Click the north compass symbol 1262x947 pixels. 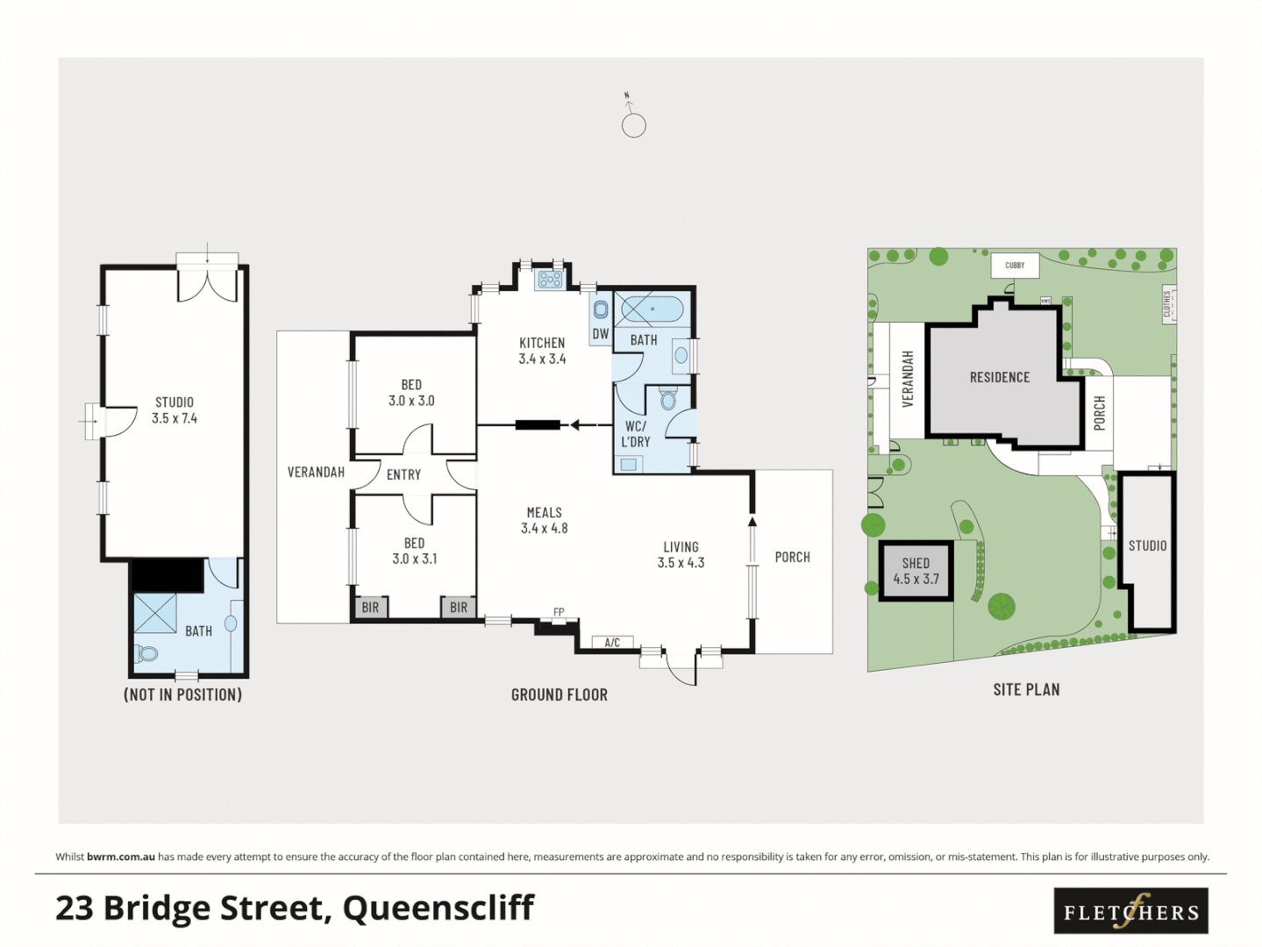click(633, 124)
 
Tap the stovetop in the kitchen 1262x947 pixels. click(550, 280)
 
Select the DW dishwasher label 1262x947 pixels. click(601, 334)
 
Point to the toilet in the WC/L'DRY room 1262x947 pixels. click(668, 400)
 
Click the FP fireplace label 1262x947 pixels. click(559, 612)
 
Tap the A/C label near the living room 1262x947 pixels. click(612, 643)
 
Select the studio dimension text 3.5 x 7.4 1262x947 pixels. click(175, 418)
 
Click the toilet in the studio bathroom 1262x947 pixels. click(146, 653)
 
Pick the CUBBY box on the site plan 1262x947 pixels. click(1015, 265)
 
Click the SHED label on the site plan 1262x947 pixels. click(916, 563)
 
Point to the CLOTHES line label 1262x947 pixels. click(1167, 304)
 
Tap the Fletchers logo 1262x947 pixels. click(1130, 911)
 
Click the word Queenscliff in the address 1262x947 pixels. click(438, 908)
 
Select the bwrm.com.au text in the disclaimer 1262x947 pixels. click(121, 857)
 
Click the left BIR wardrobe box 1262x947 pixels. click(370, 607)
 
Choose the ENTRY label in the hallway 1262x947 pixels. click(403, 474)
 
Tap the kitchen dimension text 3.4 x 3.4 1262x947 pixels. click(542, 359)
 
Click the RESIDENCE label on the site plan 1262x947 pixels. click(999, 377)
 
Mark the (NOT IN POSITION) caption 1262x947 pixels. click(182, 694)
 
